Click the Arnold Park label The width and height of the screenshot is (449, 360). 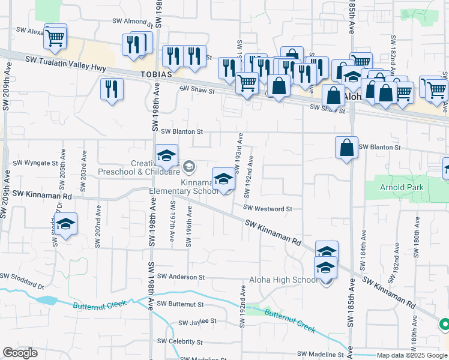402,187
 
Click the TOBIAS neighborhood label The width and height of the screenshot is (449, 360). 157,74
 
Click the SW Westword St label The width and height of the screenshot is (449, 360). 267,209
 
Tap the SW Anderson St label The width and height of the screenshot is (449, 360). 181,277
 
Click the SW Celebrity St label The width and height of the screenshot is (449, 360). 180,341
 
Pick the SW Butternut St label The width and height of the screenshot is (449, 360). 180,304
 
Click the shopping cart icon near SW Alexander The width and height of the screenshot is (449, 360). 55,37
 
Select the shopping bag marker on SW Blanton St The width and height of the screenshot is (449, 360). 347,148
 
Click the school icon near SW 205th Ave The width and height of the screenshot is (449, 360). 66,224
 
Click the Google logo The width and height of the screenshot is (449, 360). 20,353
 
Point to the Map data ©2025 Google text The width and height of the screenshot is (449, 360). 411,355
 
